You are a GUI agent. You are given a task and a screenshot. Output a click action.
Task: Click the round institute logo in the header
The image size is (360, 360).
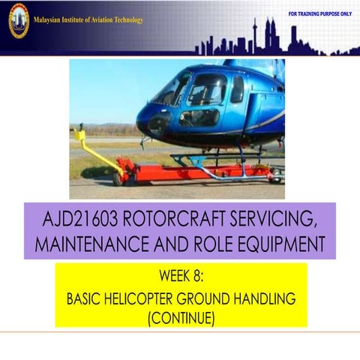click(x=18, y=20)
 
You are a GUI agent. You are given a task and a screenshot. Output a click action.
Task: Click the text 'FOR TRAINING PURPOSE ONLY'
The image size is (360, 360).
click(x=319, y=14)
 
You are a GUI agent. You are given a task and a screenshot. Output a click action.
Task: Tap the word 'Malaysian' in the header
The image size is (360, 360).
click(x=49, y=19)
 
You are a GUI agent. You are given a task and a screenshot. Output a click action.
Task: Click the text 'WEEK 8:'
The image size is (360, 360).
click(x=181, y=277)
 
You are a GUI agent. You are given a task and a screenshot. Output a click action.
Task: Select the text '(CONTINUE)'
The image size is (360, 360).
click(x=181, y=318)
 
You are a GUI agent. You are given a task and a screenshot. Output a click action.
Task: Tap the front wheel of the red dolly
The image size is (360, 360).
click(x=118, y=178)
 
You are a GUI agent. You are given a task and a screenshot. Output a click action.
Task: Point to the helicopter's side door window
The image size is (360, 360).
click(x=207, y=89)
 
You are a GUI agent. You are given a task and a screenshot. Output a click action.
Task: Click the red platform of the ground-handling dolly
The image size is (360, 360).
click(x=195, y=173)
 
